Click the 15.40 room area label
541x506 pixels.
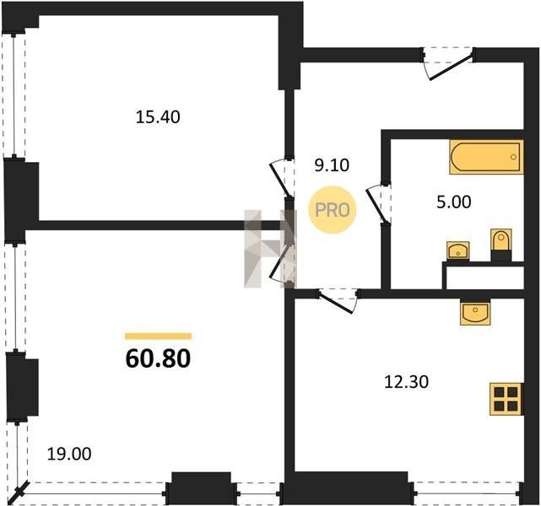click(158, 117)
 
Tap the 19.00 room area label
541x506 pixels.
click(69, 454)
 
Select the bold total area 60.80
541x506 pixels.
click(158, 358)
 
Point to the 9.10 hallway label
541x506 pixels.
click(332, 165)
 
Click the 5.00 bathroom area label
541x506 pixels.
click(454, 202)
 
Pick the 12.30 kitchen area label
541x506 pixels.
click(406, 382)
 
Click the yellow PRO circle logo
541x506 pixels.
click(333, 210)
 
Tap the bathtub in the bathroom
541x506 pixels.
click(486, 157)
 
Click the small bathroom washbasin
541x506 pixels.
click(457, 250)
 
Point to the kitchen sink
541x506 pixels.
click(475, 312)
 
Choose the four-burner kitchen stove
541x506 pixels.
click(506, 399)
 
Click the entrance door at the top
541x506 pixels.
click(447, 64)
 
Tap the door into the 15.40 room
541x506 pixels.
click(282, 178)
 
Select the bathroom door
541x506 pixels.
click(378, 203)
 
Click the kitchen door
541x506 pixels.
click(338, 300)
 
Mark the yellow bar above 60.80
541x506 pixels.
click(158, 336)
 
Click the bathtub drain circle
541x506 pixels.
click(513, 157)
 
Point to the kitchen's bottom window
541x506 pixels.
click(468, 494)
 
